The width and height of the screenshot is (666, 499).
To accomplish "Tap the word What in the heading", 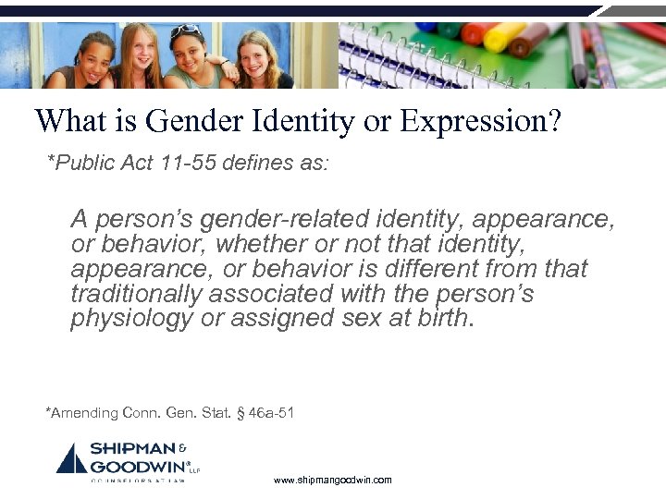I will (68, 122).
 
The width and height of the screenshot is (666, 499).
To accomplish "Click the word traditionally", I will (135, 295).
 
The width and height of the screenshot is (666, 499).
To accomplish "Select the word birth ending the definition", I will (442, 320).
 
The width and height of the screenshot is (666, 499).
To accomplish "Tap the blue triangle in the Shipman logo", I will (71, 459).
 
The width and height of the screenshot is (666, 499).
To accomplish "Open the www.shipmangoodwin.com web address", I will (333, 481).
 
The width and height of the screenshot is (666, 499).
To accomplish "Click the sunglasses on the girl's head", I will (185, 30).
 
